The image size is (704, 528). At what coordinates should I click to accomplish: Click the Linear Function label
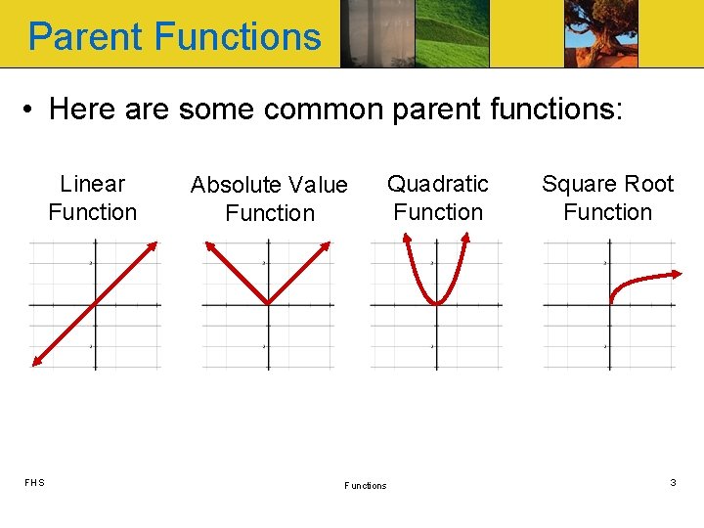pyautogui.click(x=93, y=198)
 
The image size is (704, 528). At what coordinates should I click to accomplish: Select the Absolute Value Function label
pyautogui.click(x=269, y=198)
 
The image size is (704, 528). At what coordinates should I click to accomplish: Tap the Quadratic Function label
pyautogui.click(x=438, y=198)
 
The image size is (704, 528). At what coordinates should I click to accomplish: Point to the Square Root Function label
pyautogui.click(x=607, y=198)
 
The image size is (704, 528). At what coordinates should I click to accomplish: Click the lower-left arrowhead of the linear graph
pyautogui.click(x=35, y=363)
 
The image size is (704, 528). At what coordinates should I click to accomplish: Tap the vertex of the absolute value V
pyautogui.click(x=268, y=304)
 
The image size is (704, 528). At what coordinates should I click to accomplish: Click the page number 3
pyautogui.click(x=673, y=483)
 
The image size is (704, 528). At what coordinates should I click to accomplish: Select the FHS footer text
pyautogui.click(x=34, y=483)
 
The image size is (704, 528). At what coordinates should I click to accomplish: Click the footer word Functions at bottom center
pyautogui.click(x=365, y=486)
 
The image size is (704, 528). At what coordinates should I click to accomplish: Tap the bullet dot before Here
pyautogui.click(x=29, y=110)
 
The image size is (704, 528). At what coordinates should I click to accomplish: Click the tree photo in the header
pyautogui.click(x=600, y=33)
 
